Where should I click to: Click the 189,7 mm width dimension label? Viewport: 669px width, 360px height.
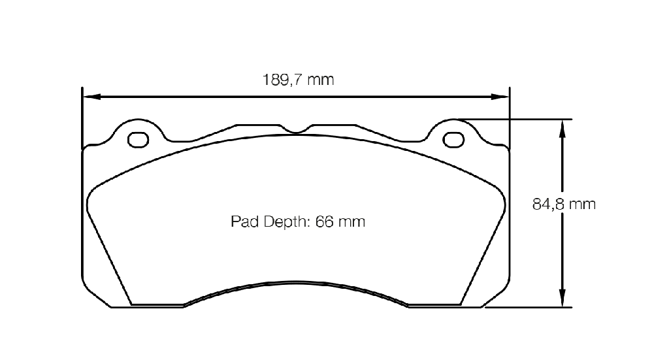coord(298,80)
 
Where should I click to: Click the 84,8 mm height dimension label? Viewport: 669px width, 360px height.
coord(564,205)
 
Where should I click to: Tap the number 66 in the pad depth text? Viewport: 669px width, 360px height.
coord(324,221)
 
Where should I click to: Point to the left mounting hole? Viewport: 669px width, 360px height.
coord(139,140)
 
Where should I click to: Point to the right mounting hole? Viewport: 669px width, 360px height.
coord(453,140)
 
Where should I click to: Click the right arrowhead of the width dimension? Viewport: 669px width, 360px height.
coord(500,97)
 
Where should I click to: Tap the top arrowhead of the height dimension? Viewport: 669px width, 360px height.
coord(563,129)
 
